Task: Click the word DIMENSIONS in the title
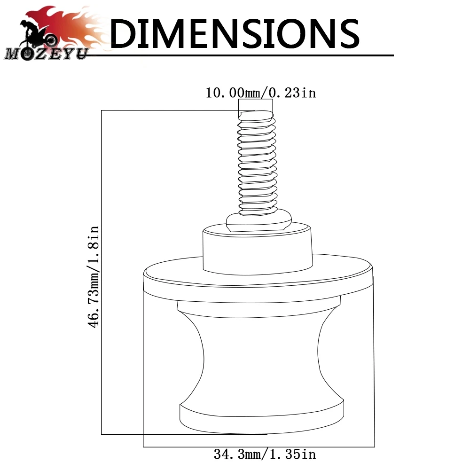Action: pyautogui.click(x=235, y=33)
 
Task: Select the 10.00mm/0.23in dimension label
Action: pyautogui.click(x=260, y=93)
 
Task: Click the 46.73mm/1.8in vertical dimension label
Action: pyautogui.click(x=93, y=277)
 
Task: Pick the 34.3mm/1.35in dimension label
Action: pyautogui.click(x=265, y=454)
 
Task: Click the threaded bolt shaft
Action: pyautogui.click(x=257, y=164)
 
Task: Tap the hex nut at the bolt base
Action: pyautogui.click(x=258, y=221)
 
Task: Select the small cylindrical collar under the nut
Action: pyautogui.click(x=258, y=249)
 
